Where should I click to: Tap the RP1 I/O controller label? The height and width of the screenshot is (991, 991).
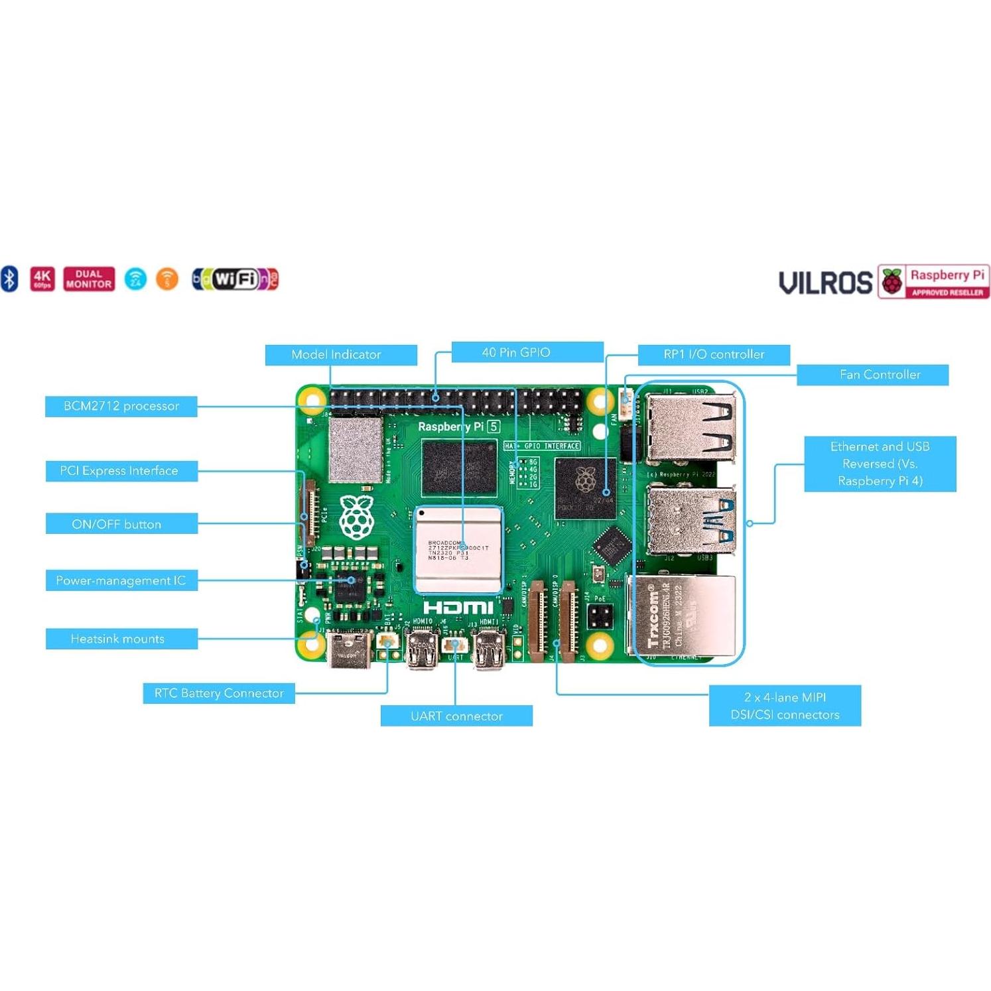pyautogui.click(x=714, y=355)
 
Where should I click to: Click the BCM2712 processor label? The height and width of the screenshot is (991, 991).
pyautogui.click(x=121, y=406)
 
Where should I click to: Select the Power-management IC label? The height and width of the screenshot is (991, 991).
pyautogui.click(x=121, y=580)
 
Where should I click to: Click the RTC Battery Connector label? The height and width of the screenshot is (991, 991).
pyautogui.click(x=219, y=693)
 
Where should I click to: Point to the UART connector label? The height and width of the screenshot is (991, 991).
pyautogui.click(x=456, y=716)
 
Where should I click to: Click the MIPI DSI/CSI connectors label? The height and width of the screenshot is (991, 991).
pyautogui.click(x=785, y=706)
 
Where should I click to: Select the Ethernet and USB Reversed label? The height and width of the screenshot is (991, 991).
pyautogui.click(x=880, y=464)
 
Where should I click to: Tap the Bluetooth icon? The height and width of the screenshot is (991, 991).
pyautogui.click(x=9, y=279)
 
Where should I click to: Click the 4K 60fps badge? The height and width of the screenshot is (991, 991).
pyautogui.click(x=42, y=279)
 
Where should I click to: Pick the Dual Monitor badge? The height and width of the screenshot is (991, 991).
pyautogui.click(x=89, y=279)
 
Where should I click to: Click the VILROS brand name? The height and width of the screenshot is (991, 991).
pyautogui.click(x=825, y=283)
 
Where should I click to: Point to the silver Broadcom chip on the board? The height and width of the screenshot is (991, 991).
pyautogui.click(x=458, y=549)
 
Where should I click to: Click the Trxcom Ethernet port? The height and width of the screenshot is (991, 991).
pyautogui.click(x=683, y=617)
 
